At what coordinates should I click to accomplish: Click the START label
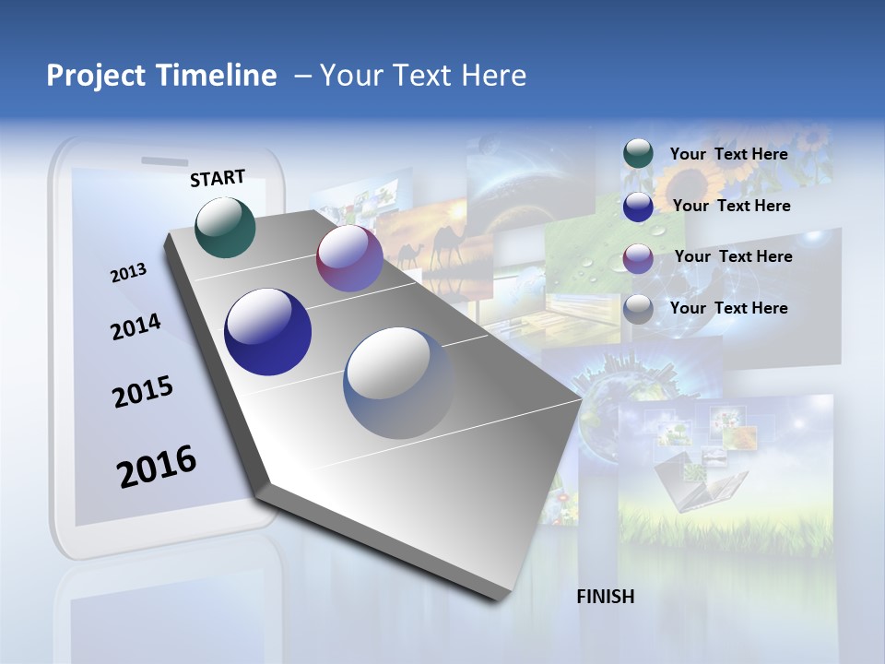tap(218, 178)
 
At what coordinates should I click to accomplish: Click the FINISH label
tap(606, 597)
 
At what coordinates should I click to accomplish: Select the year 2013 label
tap(128, 272)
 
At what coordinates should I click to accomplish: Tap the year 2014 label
tap(136, 326)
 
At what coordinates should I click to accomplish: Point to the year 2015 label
tap(143, 392)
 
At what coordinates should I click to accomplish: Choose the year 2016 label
tap(157, 467)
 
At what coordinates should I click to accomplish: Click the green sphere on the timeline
tap(226, 227)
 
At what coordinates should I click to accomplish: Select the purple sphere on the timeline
tap(349, 258)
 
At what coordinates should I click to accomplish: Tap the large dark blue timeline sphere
tap(268, 332)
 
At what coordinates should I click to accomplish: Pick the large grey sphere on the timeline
tap(398, 383)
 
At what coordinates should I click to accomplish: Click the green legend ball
tap(638, 154)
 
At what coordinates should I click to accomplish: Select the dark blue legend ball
tap(638, 207)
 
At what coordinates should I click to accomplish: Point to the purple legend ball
tap(638, 257)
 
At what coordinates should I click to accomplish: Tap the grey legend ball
tap(638, 309)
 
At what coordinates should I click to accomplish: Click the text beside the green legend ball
tap(728, 154)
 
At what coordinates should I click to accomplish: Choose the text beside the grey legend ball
tap(728, 308)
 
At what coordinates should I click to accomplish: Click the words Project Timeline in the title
tap(161, 76)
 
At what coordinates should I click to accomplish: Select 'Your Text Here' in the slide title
tap(423, 76)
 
